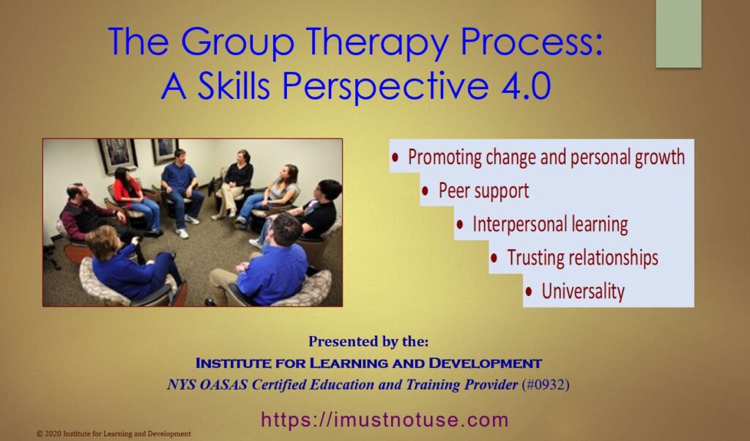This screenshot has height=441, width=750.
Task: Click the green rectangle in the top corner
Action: click(x=678, y=34)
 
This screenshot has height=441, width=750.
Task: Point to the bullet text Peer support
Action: click(x=483, y=191)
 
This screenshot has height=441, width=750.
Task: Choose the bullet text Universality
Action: click(x=582, y=292)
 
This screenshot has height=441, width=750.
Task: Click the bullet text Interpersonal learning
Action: click(x=549, y=224)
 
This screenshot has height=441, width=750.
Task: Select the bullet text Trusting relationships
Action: click(x=582, y=258)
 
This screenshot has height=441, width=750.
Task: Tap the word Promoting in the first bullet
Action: click(x=448, y=157)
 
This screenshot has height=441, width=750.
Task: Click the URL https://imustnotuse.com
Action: click(x=385, y=420)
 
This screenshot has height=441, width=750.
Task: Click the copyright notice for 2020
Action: click(x=114, y=434)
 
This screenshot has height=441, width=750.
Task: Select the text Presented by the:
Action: click(x=368, y=341)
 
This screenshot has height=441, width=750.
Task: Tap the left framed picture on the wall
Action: click(x=117, y=154)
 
